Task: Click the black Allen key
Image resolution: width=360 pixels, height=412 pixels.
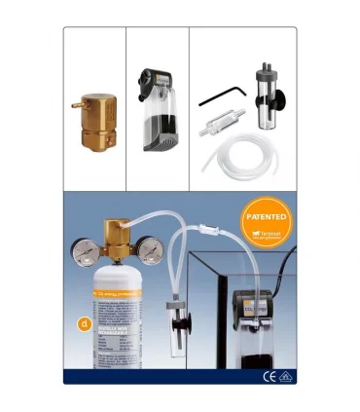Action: pyautogui.click(x=217, y=96)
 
